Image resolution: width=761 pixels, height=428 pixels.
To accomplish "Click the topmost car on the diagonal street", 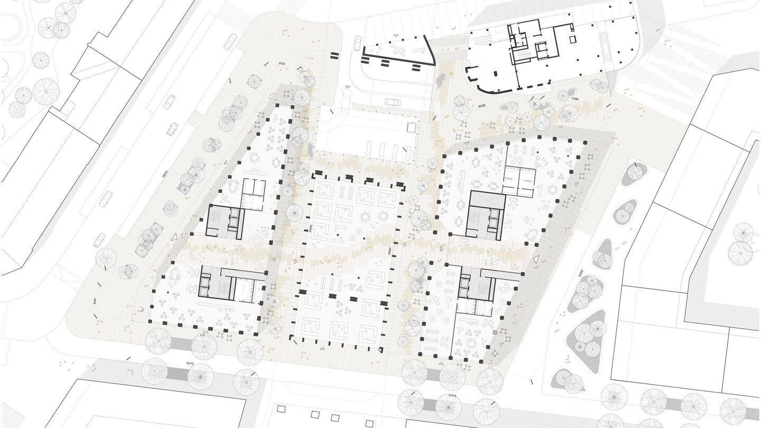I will pyautogui.click(x=230, y=41).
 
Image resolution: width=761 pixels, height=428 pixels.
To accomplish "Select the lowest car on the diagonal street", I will pyautogui.click(x=99, y=240).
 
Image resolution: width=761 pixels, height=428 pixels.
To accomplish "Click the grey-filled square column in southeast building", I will pyautogui.click(x=495, y=333).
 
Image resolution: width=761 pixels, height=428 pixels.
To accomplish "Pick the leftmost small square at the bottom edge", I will pyautogui.click(x=281, y=409).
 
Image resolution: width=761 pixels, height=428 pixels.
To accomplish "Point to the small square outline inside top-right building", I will pyautogui.click(x=572, y=39).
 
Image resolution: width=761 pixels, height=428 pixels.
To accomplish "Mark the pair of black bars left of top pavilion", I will pyautogui.click(x=334, y=55).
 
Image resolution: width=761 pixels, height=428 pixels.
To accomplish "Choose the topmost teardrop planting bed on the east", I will pyautogui.click(x=634, y=172).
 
